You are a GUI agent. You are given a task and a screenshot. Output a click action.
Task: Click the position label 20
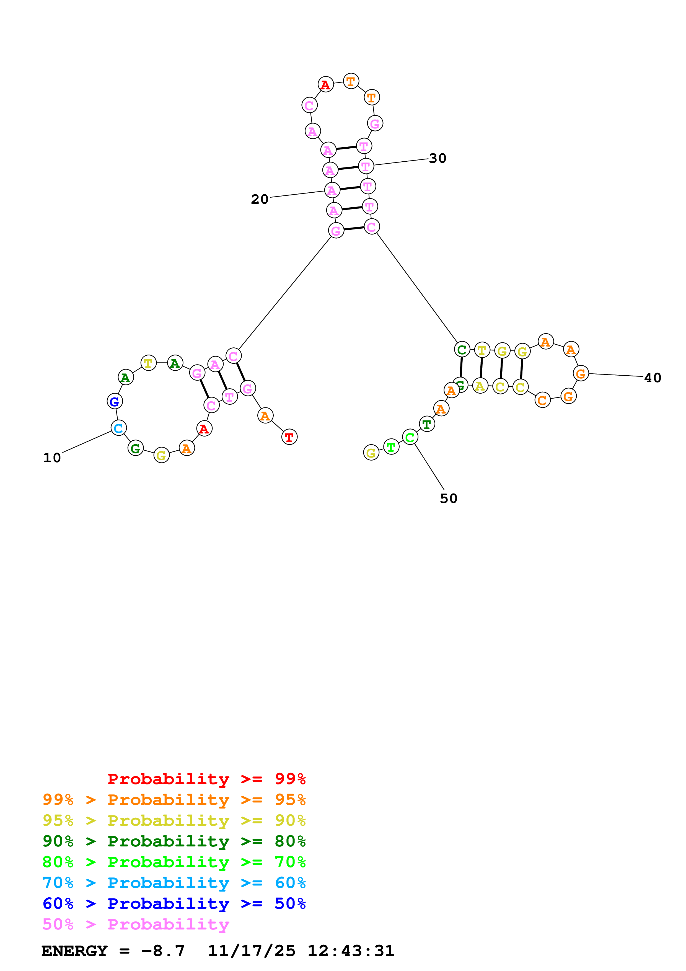pyautogui.click(x=260, y=199)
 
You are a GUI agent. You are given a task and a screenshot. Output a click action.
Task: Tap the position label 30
pyautogui.click(x=438, y=159)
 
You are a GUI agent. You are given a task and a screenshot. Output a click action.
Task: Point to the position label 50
pyautogui.click(x=449, y=499)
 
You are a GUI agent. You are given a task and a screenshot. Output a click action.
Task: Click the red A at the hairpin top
pyautogui.click(x=325, y=85)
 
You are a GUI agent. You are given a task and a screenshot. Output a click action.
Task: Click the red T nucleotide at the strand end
pyautogui.click(x=289, y=437)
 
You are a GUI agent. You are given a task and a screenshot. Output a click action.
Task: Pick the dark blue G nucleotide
pyautogui.click(x=115, y=401)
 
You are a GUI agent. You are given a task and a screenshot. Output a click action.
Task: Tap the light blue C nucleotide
pyautogui.click(x=118, y=428)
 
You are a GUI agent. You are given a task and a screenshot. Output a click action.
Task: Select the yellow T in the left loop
pyautogui.click(x=148, y=363)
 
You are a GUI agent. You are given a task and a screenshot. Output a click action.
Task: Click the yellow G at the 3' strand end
pyautogui.click(x=371, y=453)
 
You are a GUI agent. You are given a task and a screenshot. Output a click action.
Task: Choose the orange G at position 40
pyautogui.click(x=581, y=373)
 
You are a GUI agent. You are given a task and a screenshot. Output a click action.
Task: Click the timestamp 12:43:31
pyautogui.click(x=351, y=951)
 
